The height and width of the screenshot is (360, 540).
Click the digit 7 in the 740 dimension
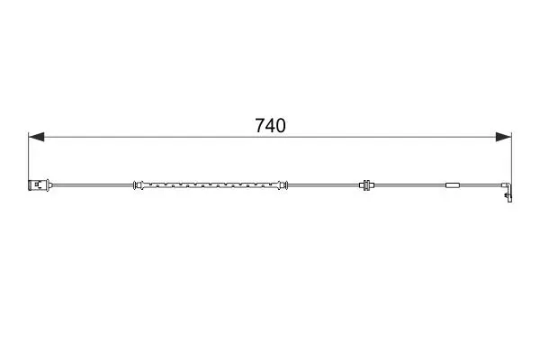(260, 125)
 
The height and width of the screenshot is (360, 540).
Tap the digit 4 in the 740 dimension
(270, 125)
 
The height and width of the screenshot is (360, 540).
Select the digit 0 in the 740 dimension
(281, 125)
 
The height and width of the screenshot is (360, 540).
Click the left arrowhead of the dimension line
(36, 137)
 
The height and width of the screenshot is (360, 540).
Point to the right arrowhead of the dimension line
(503, 137)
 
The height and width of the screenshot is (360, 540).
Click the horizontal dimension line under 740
(270, 137)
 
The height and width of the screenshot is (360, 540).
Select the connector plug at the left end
(40, 185)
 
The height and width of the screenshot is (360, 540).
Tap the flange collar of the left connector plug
(49, 185)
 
